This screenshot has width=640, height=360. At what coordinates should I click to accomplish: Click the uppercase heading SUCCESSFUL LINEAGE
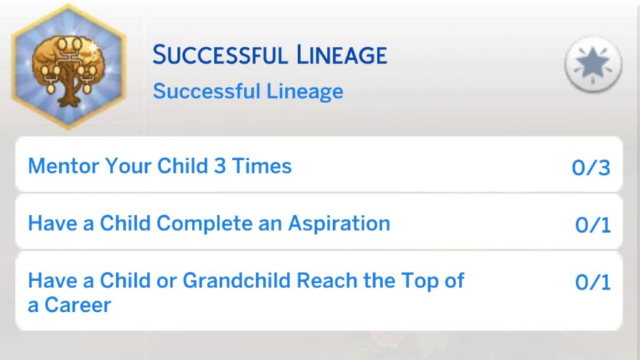[x=270, y=56]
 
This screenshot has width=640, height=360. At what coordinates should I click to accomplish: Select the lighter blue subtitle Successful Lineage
[x=248, y=91]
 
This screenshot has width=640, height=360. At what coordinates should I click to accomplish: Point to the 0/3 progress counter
[x=591, y=167]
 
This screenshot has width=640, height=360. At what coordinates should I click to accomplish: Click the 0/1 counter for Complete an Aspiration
[x=592, y=225]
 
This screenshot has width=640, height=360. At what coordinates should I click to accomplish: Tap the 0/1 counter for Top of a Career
[x=592, y=282]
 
